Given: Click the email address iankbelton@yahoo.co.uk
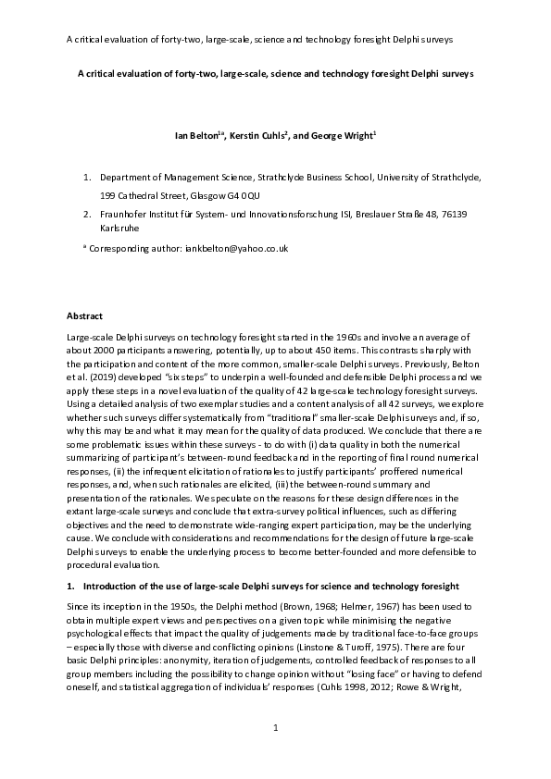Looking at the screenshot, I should pyautogui.click(x=245, y=248).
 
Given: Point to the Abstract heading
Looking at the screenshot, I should pyautogui.click(x=88, y=316).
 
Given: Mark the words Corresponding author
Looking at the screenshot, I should pyautogui.click(x=131, y=248).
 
